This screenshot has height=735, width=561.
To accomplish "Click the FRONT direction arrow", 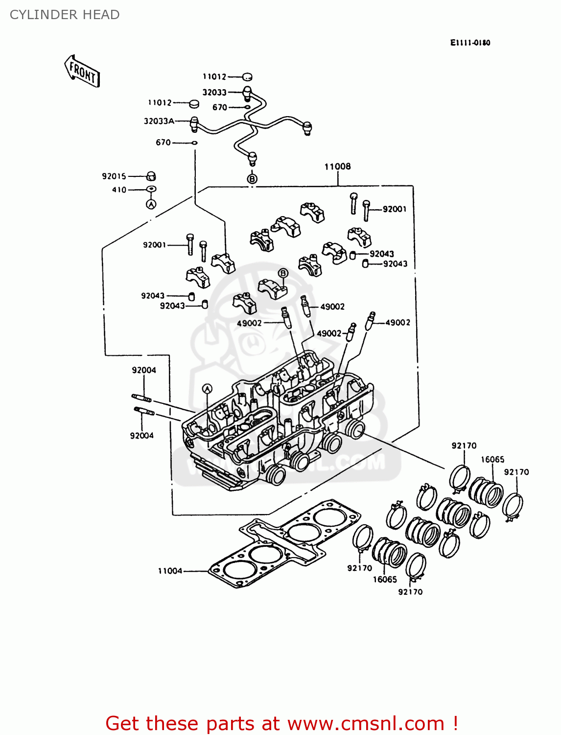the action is pos(82,72).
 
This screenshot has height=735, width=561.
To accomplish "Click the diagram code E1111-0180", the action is pos(469,43).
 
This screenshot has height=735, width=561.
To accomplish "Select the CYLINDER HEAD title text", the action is pos(65,15).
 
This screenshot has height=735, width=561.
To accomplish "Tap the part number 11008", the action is pos(337,167).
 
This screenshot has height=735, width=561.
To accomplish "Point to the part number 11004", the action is pos(170,570).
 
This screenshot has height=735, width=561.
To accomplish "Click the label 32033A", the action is pos(159,121).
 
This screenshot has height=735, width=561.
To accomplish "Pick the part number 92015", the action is pos(114,176).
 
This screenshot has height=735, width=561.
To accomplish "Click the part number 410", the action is pos(119,190).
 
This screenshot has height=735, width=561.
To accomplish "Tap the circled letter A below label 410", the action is pos(151,204).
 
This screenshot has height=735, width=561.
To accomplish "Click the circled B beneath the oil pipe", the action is pos(252,179).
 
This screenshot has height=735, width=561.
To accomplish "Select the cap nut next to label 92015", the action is pos(152,176).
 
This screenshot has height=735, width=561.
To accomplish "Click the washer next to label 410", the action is pos(151,190).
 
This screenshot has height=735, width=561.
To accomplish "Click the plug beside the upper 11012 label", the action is pos(247,77).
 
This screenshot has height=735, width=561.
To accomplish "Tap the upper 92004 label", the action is pos(144,370).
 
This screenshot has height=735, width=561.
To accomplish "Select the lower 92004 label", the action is pos(142,436).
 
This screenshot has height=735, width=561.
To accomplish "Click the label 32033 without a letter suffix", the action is pos(214,92).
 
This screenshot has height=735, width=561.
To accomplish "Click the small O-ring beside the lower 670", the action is pos(194,143).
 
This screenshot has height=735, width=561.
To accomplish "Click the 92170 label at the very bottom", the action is pos(410,592).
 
